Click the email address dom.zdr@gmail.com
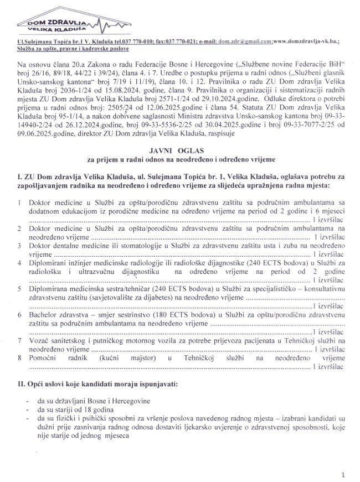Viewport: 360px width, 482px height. click(244, 42)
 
